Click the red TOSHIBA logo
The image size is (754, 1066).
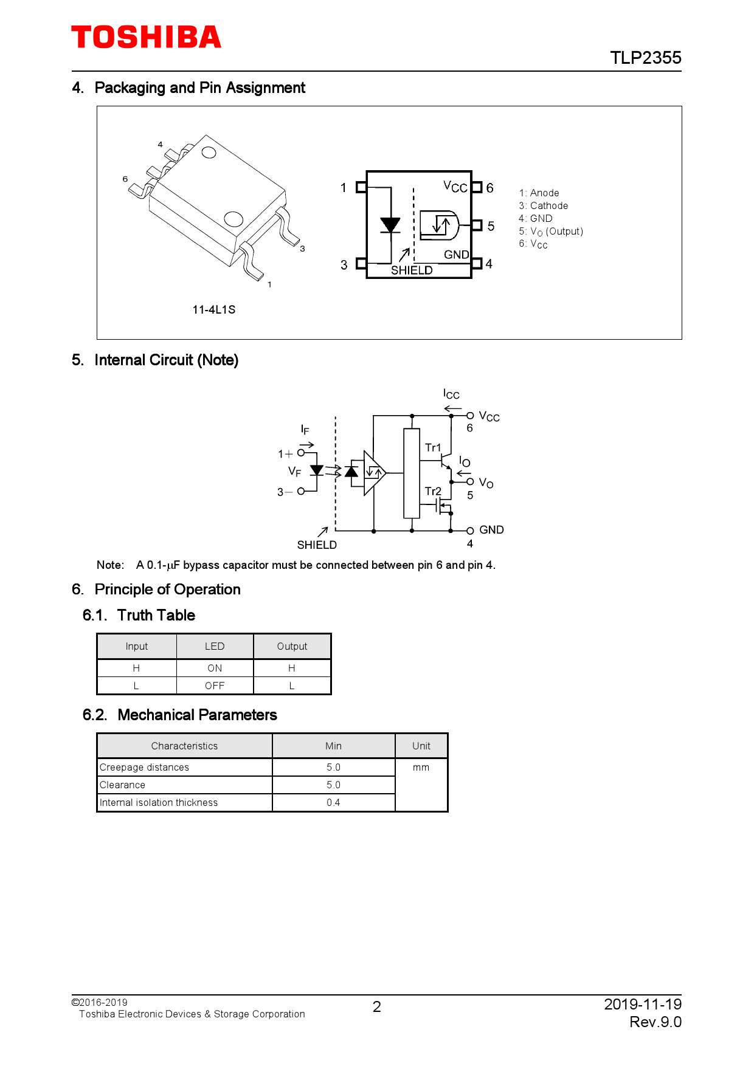point(146,38)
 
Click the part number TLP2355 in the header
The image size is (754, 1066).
point(645,58)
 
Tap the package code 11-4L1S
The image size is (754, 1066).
point(213,309)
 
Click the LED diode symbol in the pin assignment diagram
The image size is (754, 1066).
point(390,225)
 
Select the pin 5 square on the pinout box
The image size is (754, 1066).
point(477,225)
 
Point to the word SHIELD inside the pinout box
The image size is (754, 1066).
point(412,270)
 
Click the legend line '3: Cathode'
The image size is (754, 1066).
point(543,205)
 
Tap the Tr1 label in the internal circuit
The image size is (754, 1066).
point(433,448)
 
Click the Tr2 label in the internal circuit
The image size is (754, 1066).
point(433,491)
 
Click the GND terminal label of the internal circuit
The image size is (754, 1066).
point(491,529)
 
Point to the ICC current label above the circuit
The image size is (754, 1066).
point(451,394)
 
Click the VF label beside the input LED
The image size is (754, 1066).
point(294,471)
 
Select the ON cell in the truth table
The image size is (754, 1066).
point(215,668)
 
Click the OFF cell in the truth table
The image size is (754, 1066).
point(215,686)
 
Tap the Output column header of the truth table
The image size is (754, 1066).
point(292,646)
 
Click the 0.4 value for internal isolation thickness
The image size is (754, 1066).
point(333,802)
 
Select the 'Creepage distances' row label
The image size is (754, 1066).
point(145,767)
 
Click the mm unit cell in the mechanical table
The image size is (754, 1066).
point(421,767)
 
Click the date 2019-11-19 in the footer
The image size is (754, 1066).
point(642,1004)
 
